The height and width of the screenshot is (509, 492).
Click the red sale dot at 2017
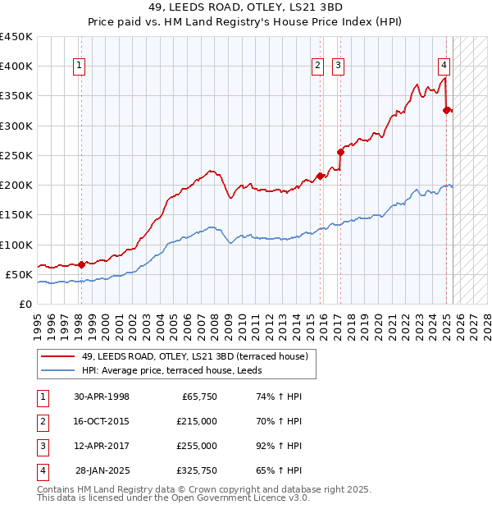click(340, 152)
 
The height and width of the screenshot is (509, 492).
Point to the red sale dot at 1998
click(81, 264)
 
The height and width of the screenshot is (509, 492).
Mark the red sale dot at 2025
click(446, 110)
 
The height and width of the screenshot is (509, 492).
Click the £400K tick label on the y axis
click(16, 66)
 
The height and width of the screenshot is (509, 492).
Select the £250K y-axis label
click(16, 155)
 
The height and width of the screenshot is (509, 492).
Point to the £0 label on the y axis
click(25, 304)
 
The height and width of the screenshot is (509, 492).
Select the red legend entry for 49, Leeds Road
click(194, 356)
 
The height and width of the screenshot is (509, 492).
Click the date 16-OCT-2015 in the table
click(102, 421)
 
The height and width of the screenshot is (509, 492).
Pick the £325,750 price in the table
click(197, 470)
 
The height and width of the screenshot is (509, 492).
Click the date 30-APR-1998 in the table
click(102, 397)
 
